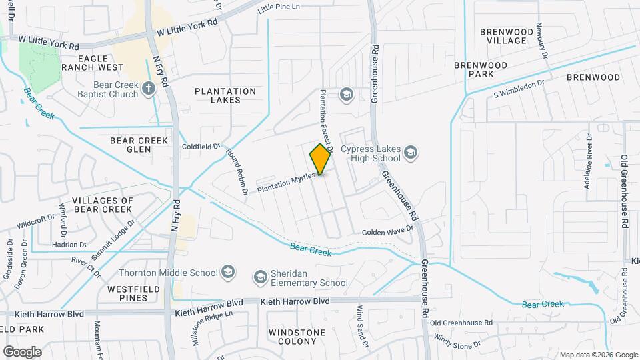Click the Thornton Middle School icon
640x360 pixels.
228,272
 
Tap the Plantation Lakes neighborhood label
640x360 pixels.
225,95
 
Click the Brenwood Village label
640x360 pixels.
507,36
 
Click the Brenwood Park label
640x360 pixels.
480,69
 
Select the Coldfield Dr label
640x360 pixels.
201,146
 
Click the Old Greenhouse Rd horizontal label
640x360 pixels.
461,323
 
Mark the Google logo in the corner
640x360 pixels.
21,351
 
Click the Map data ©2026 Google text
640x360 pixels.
598,355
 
